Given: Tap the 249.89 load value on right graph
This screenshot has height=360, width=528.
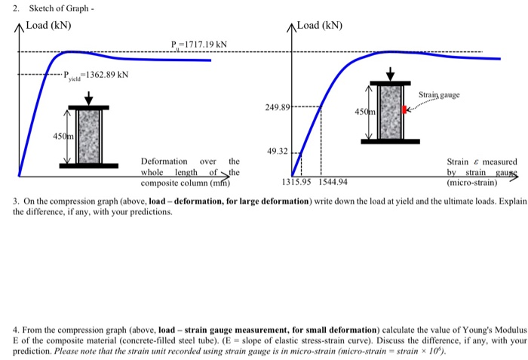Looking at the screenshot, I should click(x=277, y=108).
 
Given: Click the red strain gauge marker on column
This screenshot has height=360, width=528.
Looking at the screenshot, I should click(x=405, y=110).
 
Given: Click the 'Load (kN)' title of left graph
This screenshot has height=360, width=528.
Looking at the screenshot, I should click(x=48, y=25).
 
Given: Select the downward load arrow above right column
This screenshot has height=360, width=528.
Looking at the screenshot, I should click(x=389, y=73).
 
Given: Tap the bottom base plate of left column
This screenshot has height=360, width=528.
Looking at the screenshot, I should click(x=89, y=165).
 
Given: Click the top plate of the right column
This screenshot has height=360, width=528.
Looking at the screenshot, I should click(x=389, y=82).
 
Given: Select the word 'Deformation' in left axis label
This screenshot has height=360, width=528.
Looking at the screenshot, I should click(x=164, y=162).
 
